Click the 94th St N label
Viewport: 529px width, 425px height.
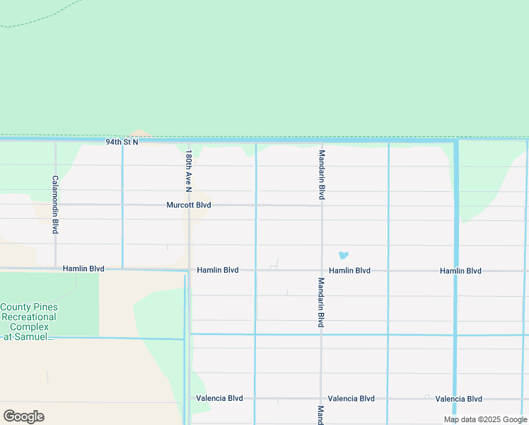coord(122,142)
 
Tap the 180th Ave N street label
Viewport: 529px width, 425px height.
coord(189,171)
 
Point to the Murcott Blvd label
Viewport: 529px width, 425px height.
coord(189,205)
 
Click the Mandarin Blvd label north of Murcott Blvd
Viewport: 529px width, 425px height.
coord(322,174)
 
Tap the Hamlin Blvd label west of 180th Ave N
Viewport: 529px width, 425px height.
coord(83,269)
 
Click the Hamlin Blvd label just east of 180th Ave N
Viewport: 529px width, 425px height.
coord(218,271)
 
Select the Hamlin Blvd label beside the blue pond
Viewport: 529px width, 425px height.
coord(349,271)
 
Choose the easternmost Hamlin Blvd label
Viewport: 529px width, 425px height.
coord(460,271)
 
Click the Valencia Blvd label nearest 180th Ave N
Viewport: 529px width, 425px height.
coord(219,399)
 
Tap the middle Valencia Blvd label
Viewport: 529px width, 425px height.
coord(351,399)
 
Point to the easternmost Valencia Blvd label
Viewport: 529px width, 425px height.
coord(458,399)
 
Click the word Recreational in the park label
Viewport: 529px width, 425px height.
coord(29,317)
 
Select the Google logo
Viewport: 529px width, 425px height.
coord(23,416)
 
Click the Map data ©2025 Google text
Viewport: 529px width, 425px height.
coord(485,420)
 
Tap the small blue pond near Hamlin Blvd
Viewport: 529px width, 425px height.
coord(344,255)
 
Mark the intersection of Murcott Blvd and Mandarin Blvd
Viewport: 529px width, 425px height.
coord(322,205)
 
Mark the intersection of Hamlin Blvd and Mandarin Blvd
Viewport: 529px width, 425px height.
coord(322,271)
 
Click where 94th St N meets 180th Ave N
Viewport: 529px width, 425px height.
coord(189,142)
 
